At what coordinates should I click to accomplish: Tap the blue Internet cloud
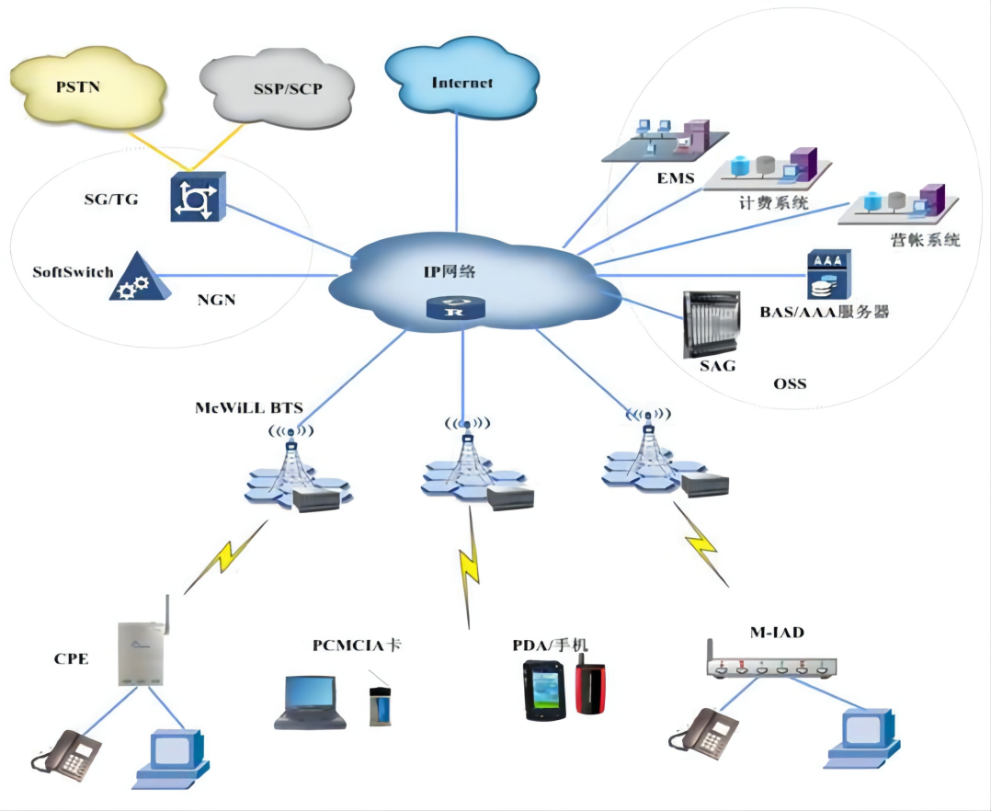click(461, 81)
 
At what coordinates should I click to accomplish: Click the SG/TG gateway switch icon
click(196, 197)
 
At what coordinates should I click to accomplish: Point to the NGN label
click(216, 299)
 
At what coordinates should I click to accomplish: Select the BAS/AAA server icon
click(828, 273)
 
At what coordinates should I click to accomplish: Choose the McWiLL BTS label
click(247, 405)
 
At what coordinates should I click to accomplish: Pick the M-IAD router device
click(772, 667)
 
